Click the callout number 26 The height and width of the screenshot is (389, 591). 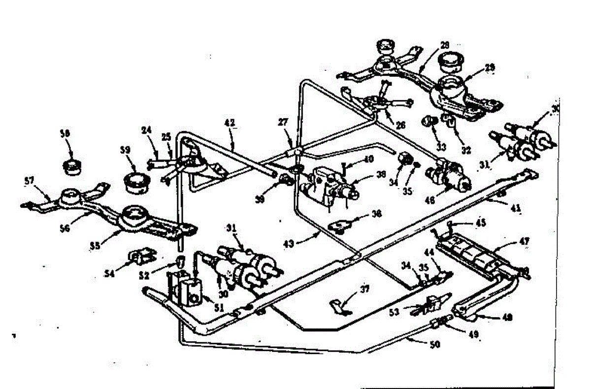[x=400, y=126]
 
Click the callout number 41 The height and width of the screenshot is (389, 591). [x=515, y=208]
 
